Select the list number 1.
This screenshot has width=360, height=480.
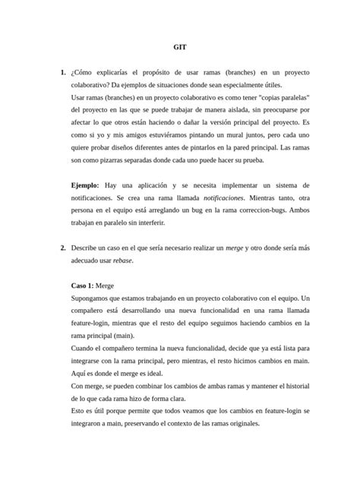pyautogui.click(x=62, y=72)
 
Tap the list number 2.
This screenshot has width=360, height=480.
pyautogui.click(x=62, y=248)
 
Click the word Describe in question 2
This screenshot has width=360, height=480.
pyautogui.click(x=86, y=248)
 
